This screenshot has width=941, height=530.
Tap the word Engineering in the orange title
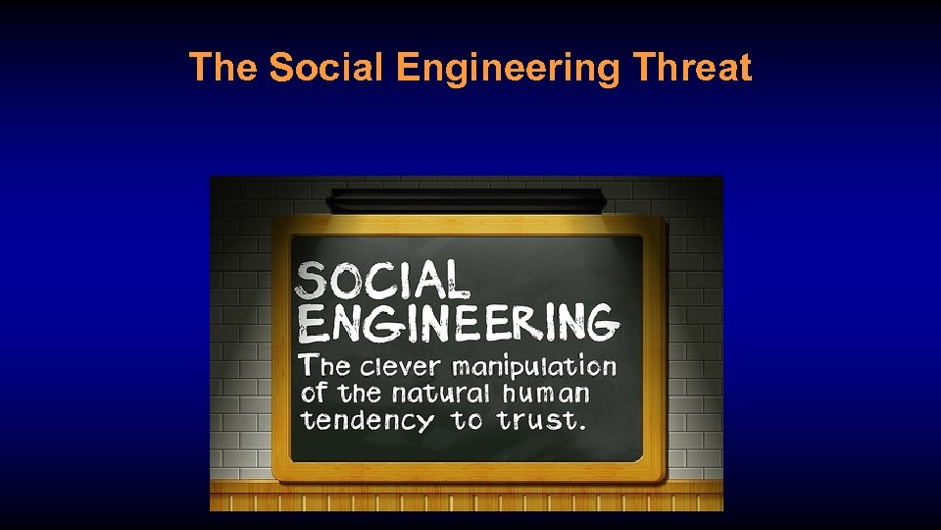510,69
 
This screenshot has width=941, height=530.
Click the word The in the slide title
223,68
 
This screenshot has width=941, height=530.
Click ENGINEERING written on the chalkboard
459,323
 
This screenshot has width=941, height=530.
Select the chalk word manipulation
533,368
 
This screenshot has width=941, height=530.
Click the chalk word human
547,394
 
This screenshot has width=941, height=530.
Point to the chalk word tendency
368,422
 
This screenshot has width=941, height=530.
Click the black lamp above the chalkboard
466,200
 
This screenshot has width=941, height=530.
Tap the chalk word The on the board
325,367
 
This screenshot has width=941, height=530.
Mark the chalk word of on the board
315,394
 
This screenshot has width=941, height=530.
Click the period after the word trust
583,428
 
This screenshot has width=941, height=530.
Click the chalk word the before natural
361,394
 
